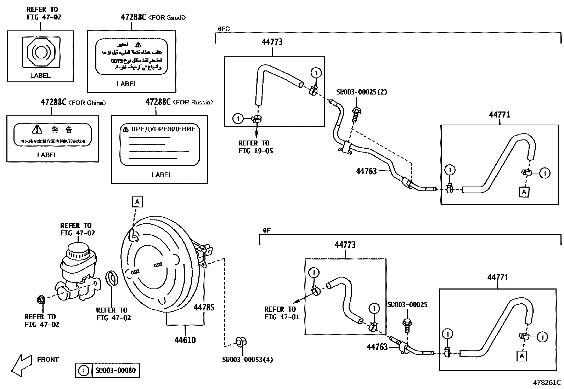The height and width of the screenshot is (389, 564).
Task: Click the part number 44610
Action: click(185, 340)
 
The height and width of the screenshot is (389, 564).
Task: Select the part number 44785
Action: click(204, 307)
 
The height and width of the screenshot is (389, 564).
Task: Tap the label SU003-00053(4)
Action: click(247, 360)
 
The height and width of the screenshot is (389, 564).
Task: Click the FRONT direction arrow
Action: click(21, 365)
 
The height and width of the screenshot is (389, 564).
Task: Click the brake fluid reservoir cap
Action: click(78, 250)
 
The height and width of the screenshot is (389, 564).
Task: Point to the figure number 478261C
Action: click(547, 383)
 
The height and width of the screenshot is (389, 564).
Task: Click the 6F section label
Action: click(267, 230)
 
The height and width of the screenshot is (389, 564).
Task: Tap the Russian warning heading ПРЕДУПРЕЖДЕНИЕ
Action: click(163, 129)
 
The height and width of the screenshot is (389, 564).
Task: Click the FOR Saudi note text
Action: click(168, 17)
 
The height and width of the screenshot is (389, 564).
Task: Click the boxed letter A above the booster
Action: click(137, 202)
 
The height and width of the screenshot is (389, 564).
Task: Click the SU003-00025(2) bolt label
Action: click(361, 92)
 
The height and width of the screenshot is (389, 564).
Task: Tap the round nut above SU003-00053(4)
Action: click(241, 342)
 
